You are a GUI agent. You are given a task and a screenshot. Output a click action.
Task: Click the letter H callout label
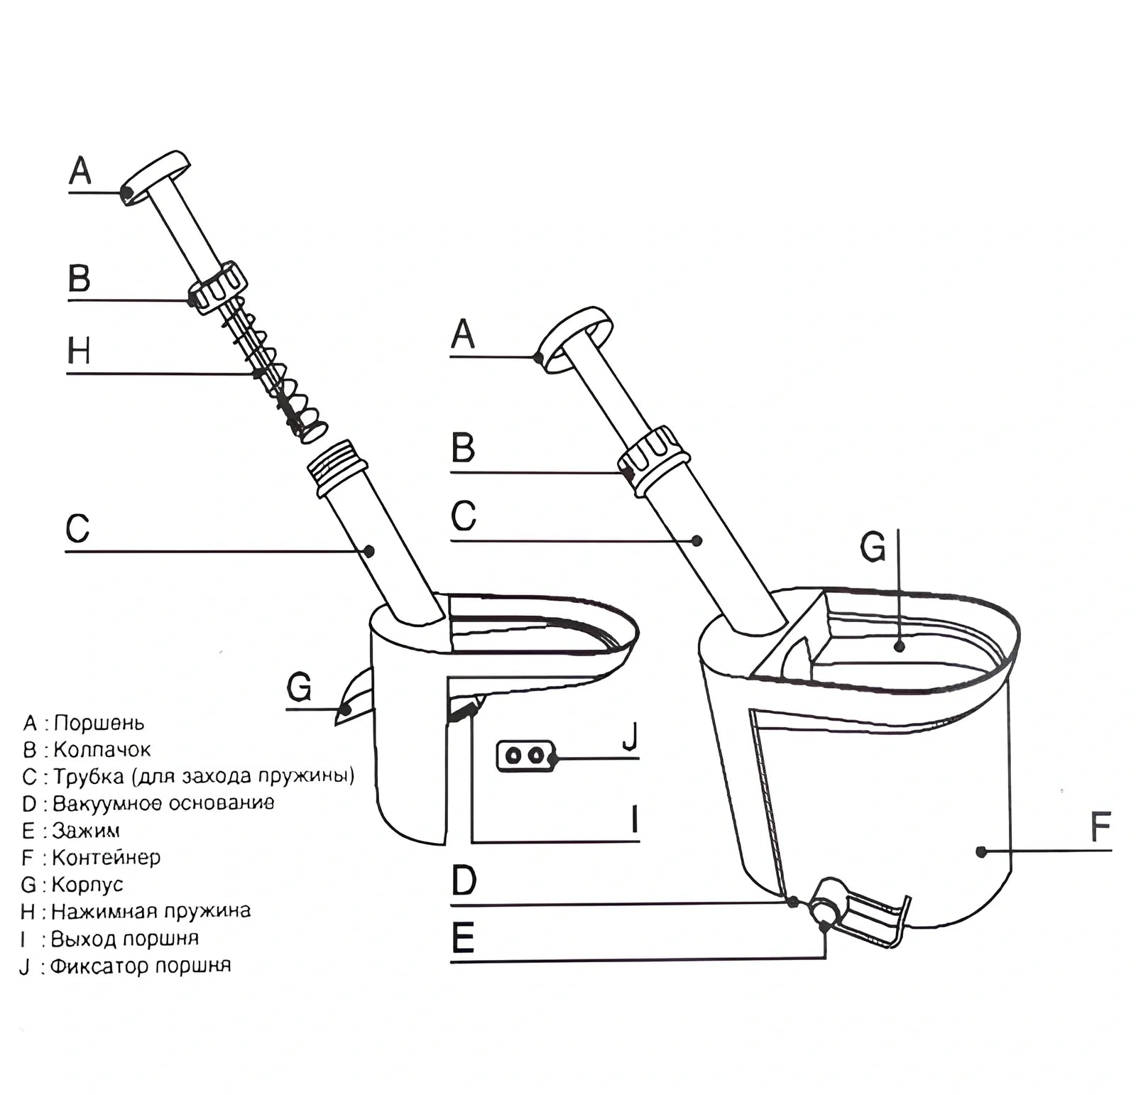tap(79, 352)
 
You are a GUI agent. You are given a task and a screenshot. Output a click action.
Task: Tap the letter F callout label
tap(1100, 827)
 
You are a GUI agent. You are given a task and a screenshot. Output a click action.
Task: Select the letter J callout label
tap(630, 736)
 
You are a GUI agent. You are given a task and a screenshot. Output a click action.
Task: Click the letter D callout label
tap(464, 881)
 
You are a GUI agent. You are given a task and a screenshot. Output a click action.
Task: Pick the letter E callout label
tap(463, 939)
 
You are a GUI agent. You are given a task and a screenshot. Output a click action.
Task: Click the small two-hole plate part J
tap(525, 756)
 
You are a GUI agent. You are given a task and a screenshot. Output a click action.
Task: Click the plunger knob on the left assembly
tap(155, 177)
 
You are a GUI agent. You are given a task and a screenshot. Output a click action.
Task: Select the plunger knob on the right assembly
tap(575, 339)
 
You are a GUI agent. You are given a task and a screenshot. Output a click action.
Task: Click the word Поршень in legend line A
tap(99, 723)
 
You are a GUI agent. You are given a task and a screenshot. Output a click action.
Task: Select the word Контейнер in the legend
tap(106, 857)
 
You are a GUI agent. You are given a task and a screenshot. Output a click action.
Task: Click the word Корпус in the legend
tap(87, 884)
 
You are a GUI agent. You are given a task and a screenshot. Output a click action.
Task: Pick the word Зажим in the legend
tap(85, 830)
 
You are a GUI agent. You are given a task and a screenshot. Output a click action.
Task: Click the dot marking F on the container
tap(981, 851)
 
